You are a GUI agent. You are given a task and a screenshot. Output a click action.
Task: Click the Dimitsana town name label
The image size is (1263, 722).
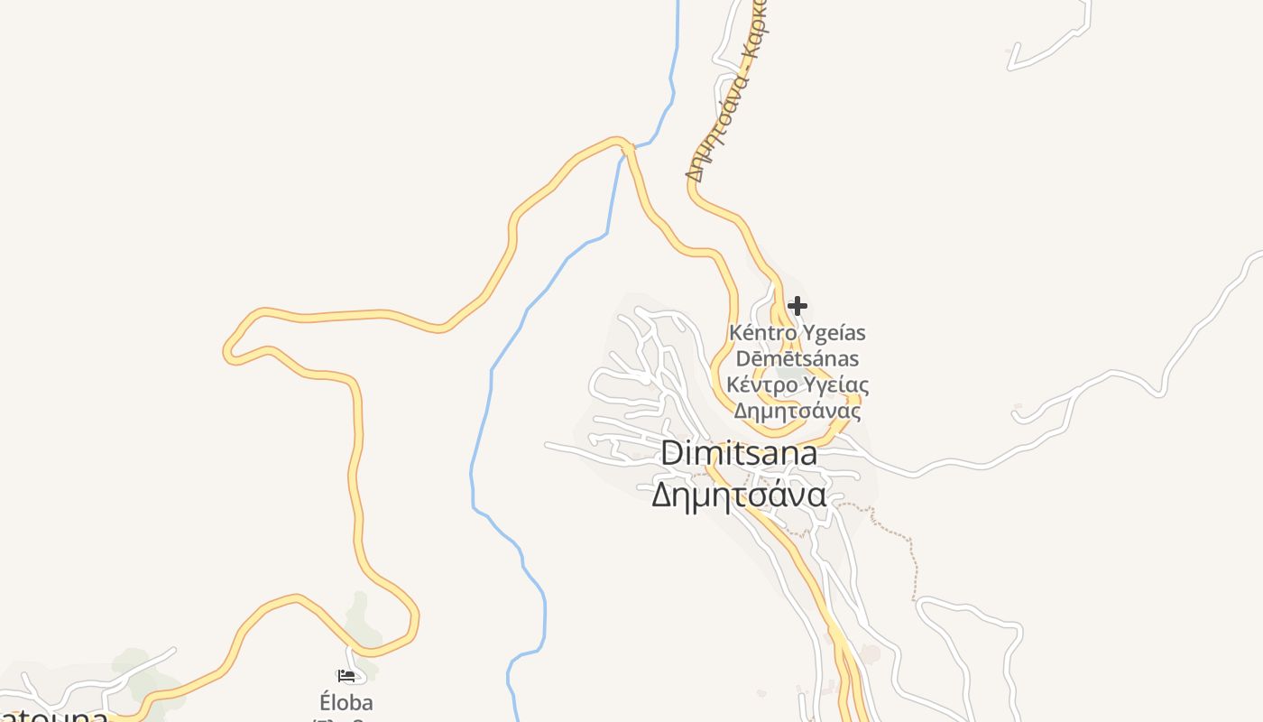(x=739, y=453)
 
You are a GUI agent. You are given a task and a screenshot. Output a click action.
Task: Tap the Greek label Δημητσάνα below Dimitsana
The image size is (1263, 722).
(x=739, y=495)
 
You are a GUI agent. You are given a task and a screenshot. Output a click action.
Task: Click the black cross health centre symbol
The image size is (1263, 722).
(x=797, y=306)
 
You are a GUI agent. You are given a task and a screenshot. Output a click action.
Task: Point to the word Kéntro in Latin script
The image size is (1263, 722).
(x=759, y=333)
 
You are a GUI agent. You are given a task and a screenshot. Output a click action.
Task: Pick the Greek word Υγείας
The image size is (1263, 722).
(x=836, y=385)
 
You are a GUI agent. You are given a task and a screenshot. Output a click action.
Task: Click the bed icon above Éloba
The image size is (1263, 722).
(x=346, y=674)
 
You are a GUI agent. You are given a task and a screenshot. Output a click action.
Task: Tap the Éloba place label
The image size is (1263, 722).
(x=346, y=702)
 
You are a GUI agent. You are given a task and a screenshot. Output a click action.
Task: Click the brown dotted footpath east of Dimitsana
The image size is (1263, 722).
(x=911, y=560)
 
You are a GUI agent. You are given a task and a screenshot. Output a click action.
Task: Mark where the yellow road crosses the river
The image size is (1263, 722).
(x=623, y=146)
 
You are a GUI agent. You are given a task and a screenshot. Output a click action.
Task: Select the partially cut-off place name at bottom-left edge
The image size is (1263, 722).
(x=54, y=715)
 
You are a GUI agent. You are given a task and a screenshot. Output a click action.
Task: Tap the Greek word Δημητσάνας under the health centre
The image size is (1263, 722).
(x=797, y=412)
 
